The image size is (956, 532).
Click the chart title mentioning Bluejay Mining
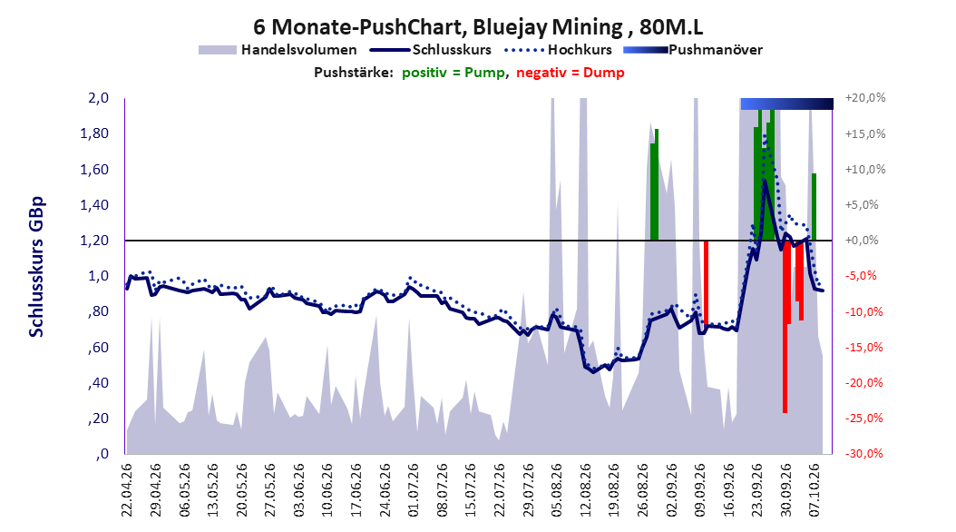click(x=478, y=27)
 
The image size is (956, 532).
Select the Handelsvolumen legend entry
click(x=278, y=50)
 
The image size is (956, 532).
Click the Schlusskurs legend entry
click(x=431, y=50)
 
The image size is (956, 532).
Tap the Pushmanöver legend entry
click(x=693, y=50)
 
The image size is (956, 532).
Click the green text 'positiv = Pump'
click(x=454, y=73)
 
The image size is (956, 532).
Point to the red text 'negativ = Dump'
click(x=571, y=73)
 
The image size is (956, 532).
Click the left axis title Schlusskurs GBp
click(x=36, y=267)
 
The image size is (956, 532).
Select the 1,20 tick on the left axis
click(x=94, y=241)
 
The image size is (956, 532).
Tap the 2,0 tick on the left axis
click(x=98, y=98)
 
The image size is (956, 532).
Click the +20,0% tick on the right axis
click(x=865, y=98)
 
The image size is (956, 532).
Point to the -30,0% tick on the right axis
click(x=863, y=454)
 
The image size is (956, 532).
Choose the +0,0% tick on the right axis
click(x=862, y=241)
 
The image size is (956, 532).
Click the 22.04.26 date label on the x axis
click(x=127, y=490)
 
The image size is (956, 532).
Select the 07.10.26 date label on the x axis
click(x=815, y=490)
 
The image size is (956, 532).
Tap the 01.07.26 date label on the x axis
click(x=414, y=490)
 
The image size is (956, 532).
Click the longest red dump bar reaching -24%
click(x=785, y=327)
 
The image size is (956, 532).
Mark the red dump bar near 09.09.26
click(x=706, y=281)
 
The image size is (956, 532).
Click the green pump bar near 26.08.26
click(x=654, y=185)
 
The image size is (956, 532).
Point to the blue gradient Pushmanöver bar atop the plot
click(x=786, y=103)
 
